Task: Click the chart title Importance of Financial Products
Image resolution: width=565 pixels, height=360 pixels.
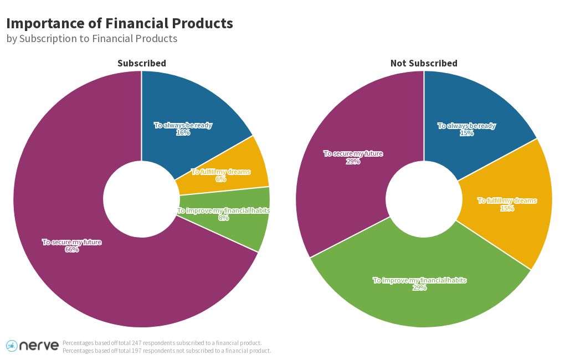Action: click(x=119, y=23)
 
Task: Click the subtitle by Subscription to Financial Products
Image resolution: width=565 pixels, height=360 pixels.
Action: click(x=92, y=39)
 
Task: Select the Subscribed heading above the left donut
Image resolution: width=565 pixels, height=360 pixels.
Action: click(x=141, y=63)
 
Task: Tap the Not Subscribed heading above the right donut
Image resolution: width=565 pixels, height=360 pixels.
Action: click(x=424, y=63)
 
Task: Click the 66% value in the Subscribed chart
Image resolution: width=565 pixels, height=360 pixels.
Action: click(x=72, y=250)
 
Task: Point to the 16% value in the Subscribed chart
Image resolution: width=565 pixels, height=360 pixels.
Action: click(x=183, y=133)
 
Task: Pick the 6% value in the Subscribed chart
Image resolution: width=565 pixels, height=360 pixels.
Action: click(x=220, y=179)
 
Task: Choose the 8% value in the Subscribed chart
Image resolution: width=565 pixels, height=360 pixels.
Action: click(x=223, y=218)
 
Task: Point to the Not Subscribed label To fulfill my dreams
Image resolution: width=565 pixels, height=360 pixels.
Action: click(x=507, y=200)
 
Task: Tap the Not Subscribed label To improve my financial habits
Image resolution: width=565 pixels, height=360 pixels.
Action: click(x=419, y=280)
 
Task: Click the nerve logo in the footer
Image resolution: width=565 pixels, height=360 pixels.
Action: click(x=32, y=346)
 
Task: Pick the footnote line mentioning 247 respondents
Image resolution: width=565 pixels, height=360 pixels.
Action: click(x=162, y=343)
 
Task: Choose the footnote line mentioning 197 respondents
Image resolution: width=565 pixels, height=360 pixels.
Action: click(x=167, y=351)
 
